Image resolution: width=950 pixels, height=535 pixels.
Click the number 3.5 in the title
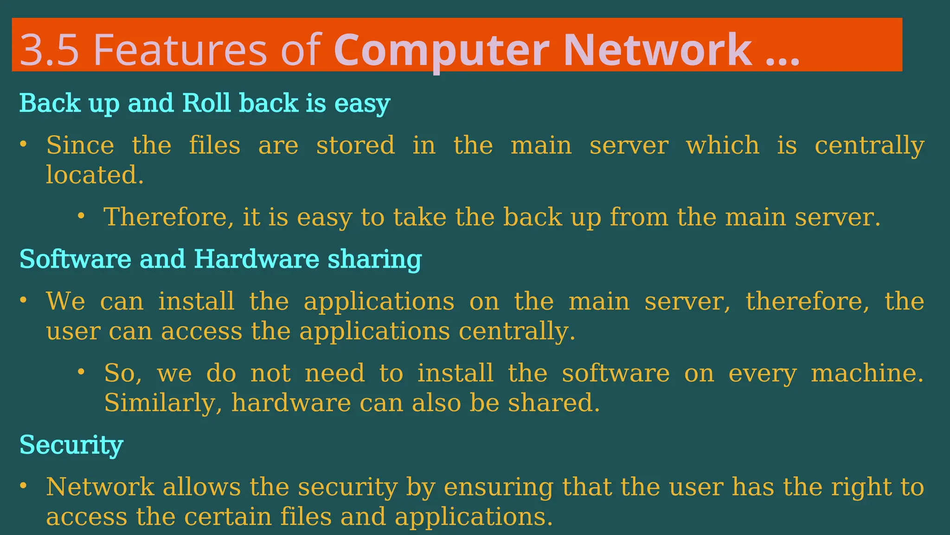pyautogui.click(x=49, y=50)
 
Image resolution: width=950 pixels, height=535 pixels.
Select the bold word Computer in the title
pyautogui.click(x=441, y=50)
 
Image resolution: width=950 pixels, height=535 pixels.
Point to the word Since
pyautogui.click(x=80, y=145)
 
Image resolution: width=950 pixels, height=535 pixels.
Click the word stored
pyautogui.click(x=355, y=145)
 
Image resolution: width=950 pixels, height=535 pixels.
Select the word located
pyautogui.click(x=95, y=175)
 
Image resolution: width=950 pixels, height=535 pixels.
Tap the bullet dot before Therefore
pyautogui.click(x=81, y=215)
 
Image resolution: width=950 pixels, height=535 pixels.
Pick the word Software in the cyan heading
pyautogui.click(x=75, y=259)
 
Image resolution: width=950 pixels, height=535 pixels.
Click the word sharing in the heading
pyautogui.click(x=374, y=260)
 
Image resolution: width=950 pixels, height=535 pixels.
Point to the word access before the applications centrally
pyautogui.click(x=201, y=331)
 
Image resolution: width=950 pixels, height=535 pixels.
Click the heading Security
pyautogui.click(x=71, y=445)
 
